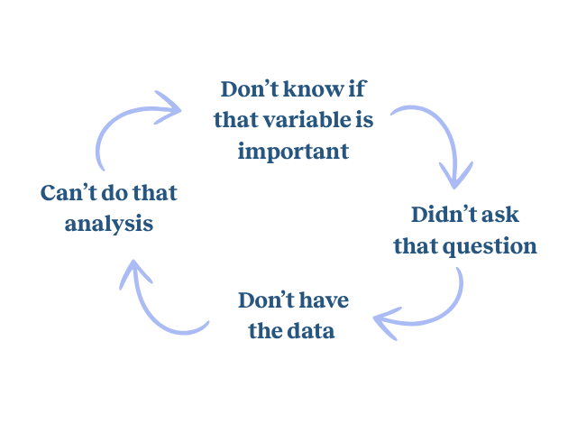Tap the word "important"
point(293,150)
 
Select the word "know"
point(310,90)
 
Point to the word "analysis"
point(109,223)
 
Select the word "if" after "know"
point(358,90)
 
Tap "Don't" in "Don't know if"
point(249,90)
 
